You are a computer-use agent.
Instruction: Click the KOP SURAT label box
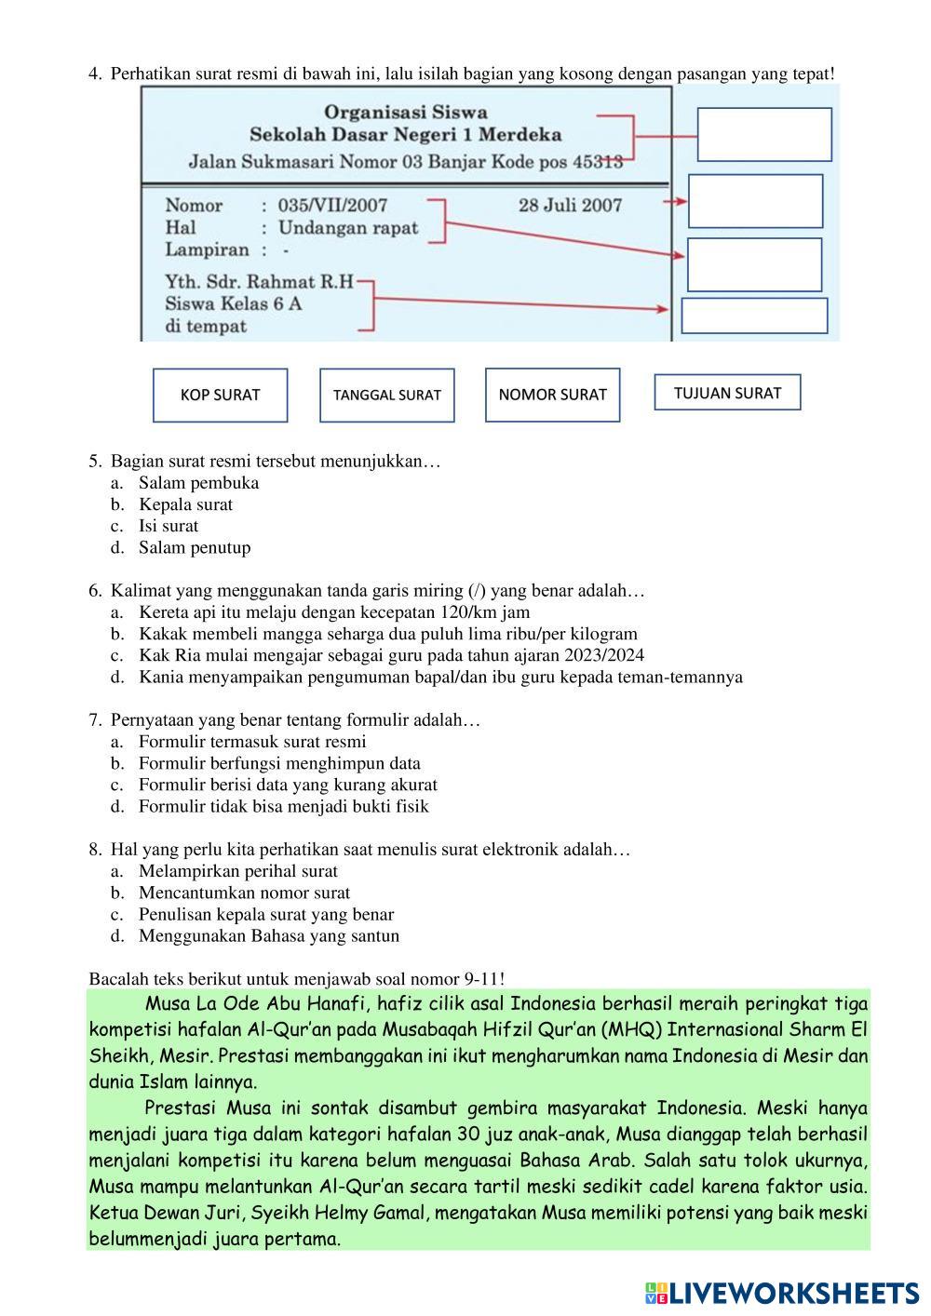[x=220, y=395]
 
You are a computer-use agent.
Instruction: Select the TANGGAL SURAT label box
[x=386, y=395]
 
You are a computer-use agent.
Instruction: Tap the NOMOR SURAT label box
[x=552, y=395]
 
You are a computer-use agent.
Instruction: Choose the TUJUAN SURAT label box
[x=727, y=393]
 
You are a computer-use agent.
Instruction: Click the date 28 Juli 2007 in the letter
[x=570, y=205]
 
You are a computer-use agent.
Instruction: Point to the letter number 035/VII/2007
[x=332, y=205]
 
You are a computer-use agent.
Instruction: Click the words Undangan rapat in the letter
[x=348, y=227]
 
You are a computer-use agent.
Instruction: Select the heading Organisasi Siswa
[x=406, y=113]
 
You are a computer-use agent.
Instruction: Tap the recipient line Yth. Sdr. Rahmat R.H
[x=259, y=281]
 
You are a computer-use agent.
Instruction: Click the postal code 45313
[x=597, y=162]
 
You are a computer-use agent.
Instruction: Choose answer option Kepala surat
[x=185, y=504]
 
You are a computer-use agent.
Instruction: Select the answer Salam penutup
[x=195, y=547]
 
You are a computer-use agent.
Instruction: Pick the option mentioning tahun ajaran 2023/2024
[x=391, y=655]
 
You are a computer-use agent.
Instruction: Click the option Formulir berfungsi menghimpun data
[x=279, y=763]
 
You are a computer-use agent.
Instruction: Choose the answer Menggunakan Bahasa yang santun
[x=268, y=935]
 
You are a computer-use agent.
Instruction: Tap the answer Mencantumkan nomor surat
[x=244, y=893]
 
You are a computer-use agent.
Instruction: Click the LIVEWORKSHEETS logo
[x=782, y=1293]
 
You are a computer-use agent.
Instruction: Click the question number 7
[x=94, y=719]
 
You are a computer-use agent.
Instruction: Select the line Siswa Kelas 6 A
[x=233, y=303]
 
